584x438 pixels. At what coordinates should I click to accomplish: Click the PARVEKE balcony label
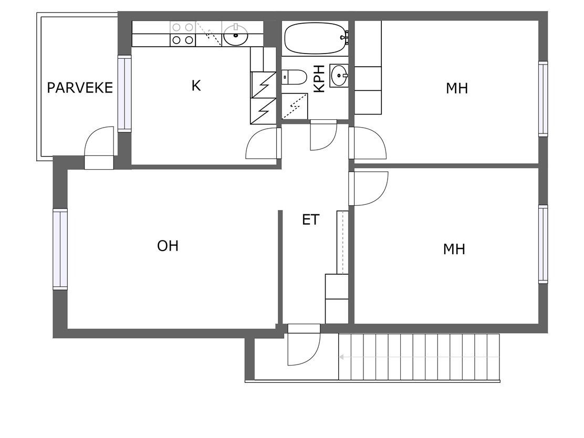pos(80,88)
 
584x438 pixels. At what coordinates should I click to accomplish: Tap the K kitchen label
pos(196,86)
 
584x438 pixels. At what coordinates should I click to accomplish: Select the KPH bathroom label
pos(319,79)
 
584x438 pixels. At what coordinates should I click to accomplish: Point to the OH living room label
pos(168,246)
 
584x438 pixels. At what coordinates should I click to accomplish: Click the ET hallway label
pos(310,220)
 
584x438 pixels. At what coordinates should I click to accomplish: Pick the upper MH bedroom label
pos(456,88)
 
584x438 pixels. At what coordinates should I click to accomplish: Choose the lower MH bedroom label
pos(454,249)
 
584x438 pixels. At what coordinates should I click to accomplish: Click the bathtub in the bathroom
pos(316,38)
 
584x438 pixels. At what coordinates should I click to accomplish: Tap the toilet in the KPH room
pos(294,77)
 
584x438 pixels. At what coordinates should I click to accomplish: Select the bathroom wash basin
pos(339,75)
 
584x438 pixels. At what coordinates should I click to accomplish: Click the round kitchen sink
pos(235,35)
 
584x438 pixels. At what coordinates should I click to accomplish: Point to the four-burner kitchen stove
pos(183,34)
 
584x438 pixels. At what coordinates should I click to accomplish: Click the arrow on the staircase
pos(419,357)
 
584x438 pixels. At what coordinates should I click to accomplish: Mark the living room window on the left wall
pos(60,249)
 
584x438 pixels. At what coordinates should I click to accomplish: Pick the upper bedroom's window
pos(543,99)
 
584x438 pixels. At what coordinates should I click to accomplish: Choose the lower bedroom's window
pos(543,244)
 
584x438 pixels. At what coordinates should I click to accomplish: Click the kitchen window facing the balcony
pos(125,93)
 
